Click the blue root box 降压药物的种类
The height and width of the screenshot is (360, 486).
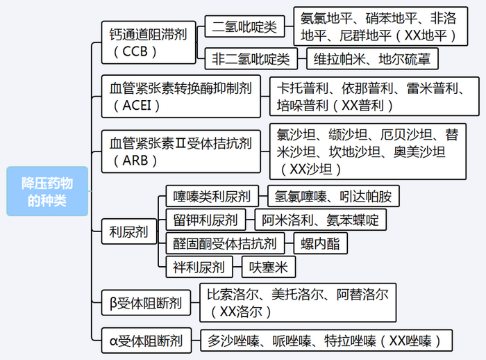click(x=47, y=191)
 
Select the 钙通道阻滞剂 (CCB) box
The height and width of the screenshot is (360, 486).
click(x=149, y=42)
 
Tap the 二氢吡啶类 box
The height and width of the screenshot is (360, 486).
click(x=244, y=27)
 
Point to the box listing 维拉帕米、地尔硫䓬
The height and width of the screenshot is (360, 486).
click(x=372, y=59)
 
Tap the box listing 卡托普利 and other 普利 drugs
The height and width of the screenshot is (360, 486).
click(x=375, y=97)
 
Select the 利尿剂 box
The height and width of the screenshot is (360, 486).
click(x=129, y=232)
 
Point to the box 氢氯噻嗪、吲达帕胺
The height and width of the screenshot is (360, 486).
click(x=333, y=197)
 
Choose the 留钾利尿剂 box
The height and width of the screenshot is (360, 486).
click(x=206, y=220)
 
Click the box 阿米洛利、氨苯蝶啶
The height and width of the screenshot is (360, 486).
click(x=320, y=220)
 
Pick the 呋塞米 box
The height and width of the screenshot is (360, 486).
click(x=269, y=266)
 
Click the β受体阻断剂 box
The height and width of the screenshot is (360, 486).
click(x=146, y=303)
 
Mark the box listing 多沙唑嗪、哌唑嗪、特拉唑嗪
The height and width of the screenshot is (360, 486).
click(x=327, y=341)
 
